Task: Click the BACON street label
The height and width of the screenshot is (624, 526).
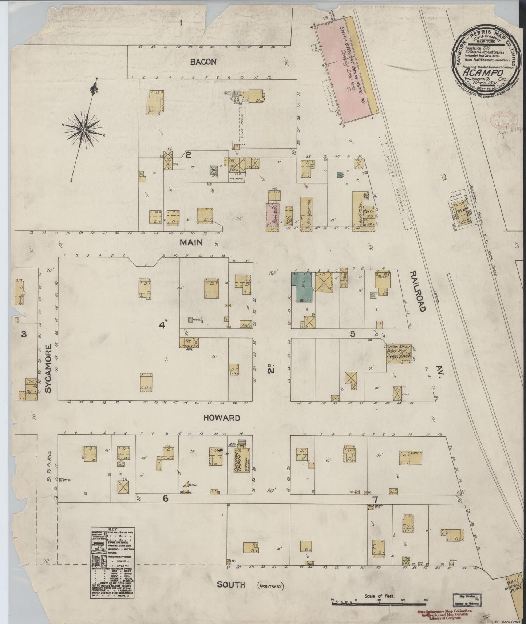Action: pyautogui.click(x=203, y=62)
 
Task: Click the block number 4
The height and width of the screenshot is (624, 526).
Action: pyautogui.click(x=161, y=325)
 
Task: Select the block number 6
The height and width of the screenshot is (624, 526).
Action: pyautogui.click(x=165, y=499)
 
